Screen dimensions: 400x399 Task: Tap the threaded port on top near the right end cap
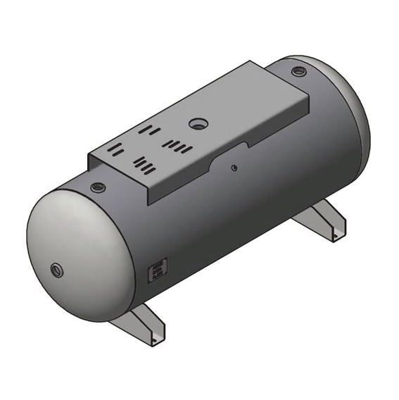298,71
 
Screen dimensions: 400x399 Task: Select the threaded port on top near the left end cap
97,187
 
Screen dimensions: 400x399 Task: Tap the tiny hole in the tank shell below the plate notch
234,168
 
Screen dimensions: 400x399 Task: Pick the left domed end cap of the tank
70,254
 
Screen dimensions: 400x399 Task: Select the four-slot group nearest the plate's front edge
144,165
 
